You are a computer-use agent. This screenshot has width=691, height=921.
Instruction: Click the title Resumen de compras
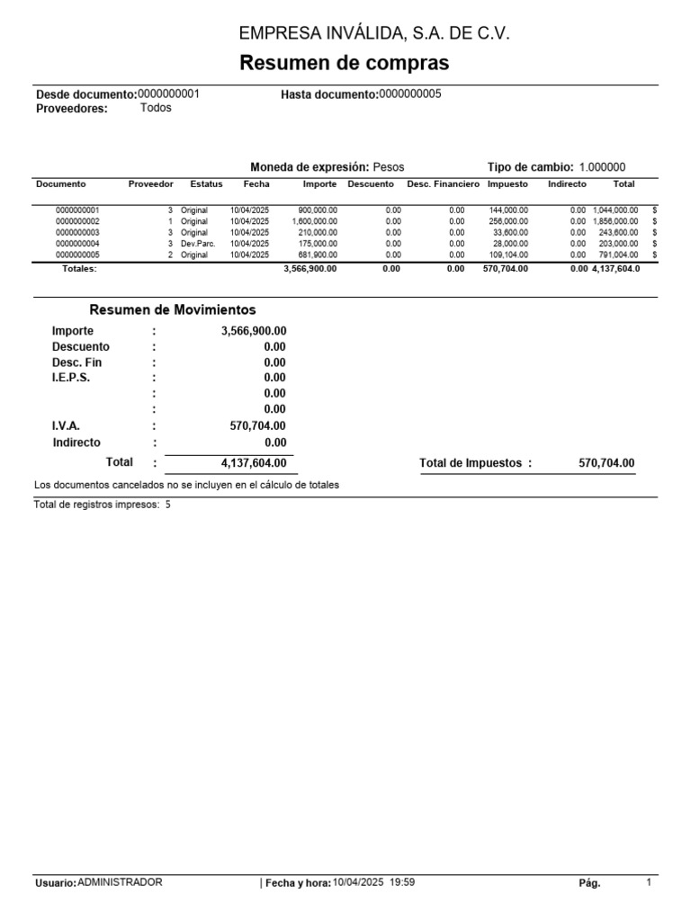pyautogui.click(x=345, y=64)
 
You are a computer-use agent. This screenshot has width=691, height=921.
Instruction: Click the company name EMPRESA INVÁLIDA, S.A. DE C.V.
pyautogui.click(x=373, y=34)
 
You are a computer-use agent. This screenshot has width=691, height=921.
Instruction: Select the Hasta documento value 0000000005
pyautogui.click(x=410, y=94)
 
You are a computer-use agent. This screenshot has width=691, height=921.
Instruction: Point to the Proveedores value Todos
pyautogui.click(x=156, y=108)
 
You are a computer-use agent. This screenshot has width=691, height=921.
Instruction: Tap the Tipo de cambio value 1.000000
pyautogui.click(x=602, y=167)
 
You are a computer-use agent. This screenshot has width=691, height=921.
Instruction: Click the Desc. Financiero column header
pyautogui.click(x=443, y=183)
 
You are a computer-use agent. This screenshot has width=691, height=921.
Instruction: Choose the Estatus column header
pyautogui.click(x=206, y=183)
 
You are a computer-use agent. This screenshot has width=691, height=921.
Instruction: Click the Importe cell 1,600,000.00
pyautogui.click(x=315, y=221)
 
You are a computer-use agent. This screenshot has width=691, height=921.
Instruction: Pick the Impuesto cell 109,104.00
pyautogui.click(x=508, y=255)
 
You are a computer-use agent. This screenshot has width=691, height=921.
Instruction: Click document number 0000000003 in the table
pyautogui.click(x=78, y=232)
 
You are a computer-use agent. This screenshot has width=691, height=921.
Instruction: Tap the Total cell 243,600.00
pyautogui.click(x=618, y=232)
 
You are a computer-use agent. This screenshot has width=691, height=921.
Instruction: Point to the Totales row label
pyautogui.click(x=79, y=268)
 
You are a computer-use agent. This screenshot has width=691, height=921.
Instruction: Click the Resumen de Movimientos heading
pyautogui.click(x=173, y=309)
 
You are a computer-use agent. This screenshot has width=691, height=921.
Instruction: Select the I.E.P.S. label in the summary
pyautogui.click(x=71, y=378)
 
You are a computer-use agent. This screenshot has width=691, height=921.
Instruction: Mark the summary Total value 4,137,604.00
pyautogui.click(x=254, y=463)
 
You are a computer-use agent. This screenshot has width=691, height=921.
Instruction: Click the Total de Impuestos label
pyautogui.click(x=471, y=463)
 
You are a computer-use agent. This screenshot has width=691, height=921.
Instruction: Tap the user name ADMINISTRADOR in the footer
pyautogui.click(x=121, y=883)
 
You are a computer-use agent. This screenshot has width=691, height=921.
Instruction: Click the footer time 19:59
pyautogui.click(x=402, y=883)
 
